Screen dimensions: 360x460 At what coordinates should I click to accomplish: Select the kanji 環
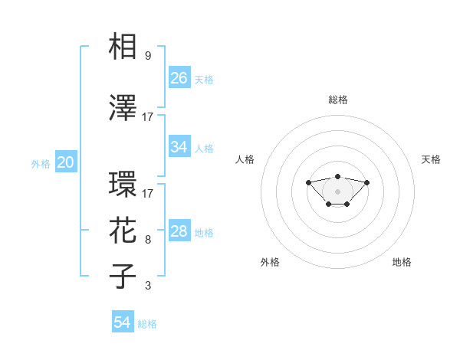coord(123,185)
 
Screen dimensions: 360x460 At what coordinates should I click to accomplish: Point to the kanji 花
coord(123,231)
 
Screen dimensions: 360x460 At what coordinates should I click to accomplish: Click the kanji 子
coord(123,276)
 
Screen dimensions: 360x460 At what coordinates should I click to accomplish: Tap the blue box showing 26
coord(179,78)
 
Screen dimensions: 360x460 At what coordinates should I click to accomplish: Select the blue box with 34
coord(179,147)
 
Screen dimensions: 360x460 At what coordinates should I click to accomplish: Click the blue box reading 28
coord(179,231)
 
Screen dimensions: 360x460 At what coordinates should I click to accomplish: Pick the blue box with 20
coord(66,162)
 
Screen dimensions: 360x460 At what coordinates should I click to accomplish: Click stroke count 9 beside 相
coord(148,56)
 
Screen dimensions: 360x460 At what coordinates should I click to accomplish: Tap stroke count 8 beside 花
coord(148,240)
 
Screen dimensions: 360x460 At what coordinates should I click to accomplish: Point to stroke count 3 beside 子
coord(148,286)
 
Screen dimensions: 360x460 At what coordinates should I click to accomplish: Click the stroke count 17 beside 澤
coord(148,117)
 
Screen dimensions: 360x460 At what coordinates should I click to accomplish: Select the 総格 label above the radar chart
coord(338,100)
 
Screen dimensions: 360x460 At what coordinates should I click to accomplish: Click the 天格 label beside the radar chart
coord(431,159)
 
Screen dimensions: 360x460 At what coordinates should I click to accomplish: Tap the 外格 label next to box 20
coord(41,163)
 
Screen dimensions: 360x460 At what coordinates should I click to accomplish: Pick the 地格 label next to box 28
coord(204,232)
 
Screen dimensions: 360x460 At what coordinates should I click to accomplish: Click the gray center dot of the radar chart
coord(338,191)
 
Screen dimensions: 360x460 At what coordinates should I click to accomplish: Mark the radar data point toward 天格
coord(367,182)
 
